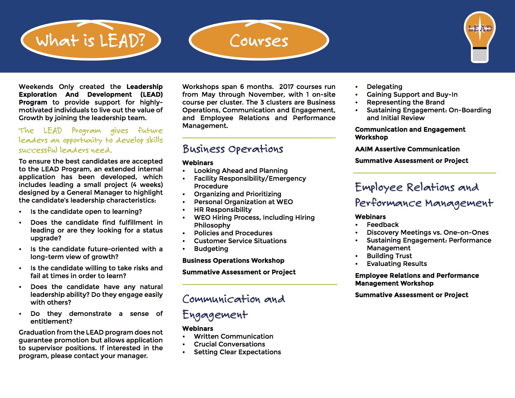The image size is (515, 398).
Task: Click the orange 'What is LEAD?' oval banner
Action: pos(91,40)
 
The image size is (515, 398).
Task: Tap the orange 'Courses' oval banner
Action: pos(259,40)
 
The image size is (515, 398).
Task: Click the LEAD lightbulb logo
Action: pos(480,37)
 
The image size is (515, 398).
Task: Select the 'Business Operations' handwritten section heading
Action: pos(233,149)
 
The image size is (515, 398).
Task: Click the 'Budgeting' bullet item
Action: pos(211,249)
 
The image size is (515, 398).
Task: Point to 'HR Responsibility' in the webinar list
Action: pos(223,210)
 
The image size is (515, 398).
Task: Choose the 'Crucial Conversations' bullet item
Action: pos(229,344)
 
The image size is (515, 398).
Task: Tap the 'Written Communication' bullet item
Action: pos(233,337)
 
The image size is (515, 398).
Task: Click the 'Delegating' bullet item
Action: pos(384,87)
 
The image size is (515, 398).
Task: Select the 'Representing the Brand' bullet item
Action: pos(405,102)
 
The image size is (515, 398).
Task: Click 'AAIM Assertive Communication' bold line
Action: pos(407,149)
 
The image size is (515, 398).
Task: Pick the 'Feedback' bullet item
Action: pos(383,225)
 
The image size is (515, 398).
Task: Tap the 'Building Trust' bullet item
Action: pos(389,256)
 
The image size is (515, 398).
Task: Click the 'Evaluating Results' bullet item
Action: pos(397,264)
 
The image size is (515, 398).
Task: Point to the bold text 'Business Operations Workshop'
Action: pos(233,261)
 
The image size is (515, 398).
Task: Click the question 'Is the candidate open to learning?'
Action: pos(86,212)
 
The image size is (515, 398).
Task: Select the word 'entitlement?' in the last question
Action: pos(51,322)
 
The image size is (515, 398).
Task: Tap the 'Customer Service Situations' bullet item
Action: pos(240,241)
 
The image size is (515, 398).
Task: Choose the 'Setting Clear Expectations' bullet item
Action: pos(237,352)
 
